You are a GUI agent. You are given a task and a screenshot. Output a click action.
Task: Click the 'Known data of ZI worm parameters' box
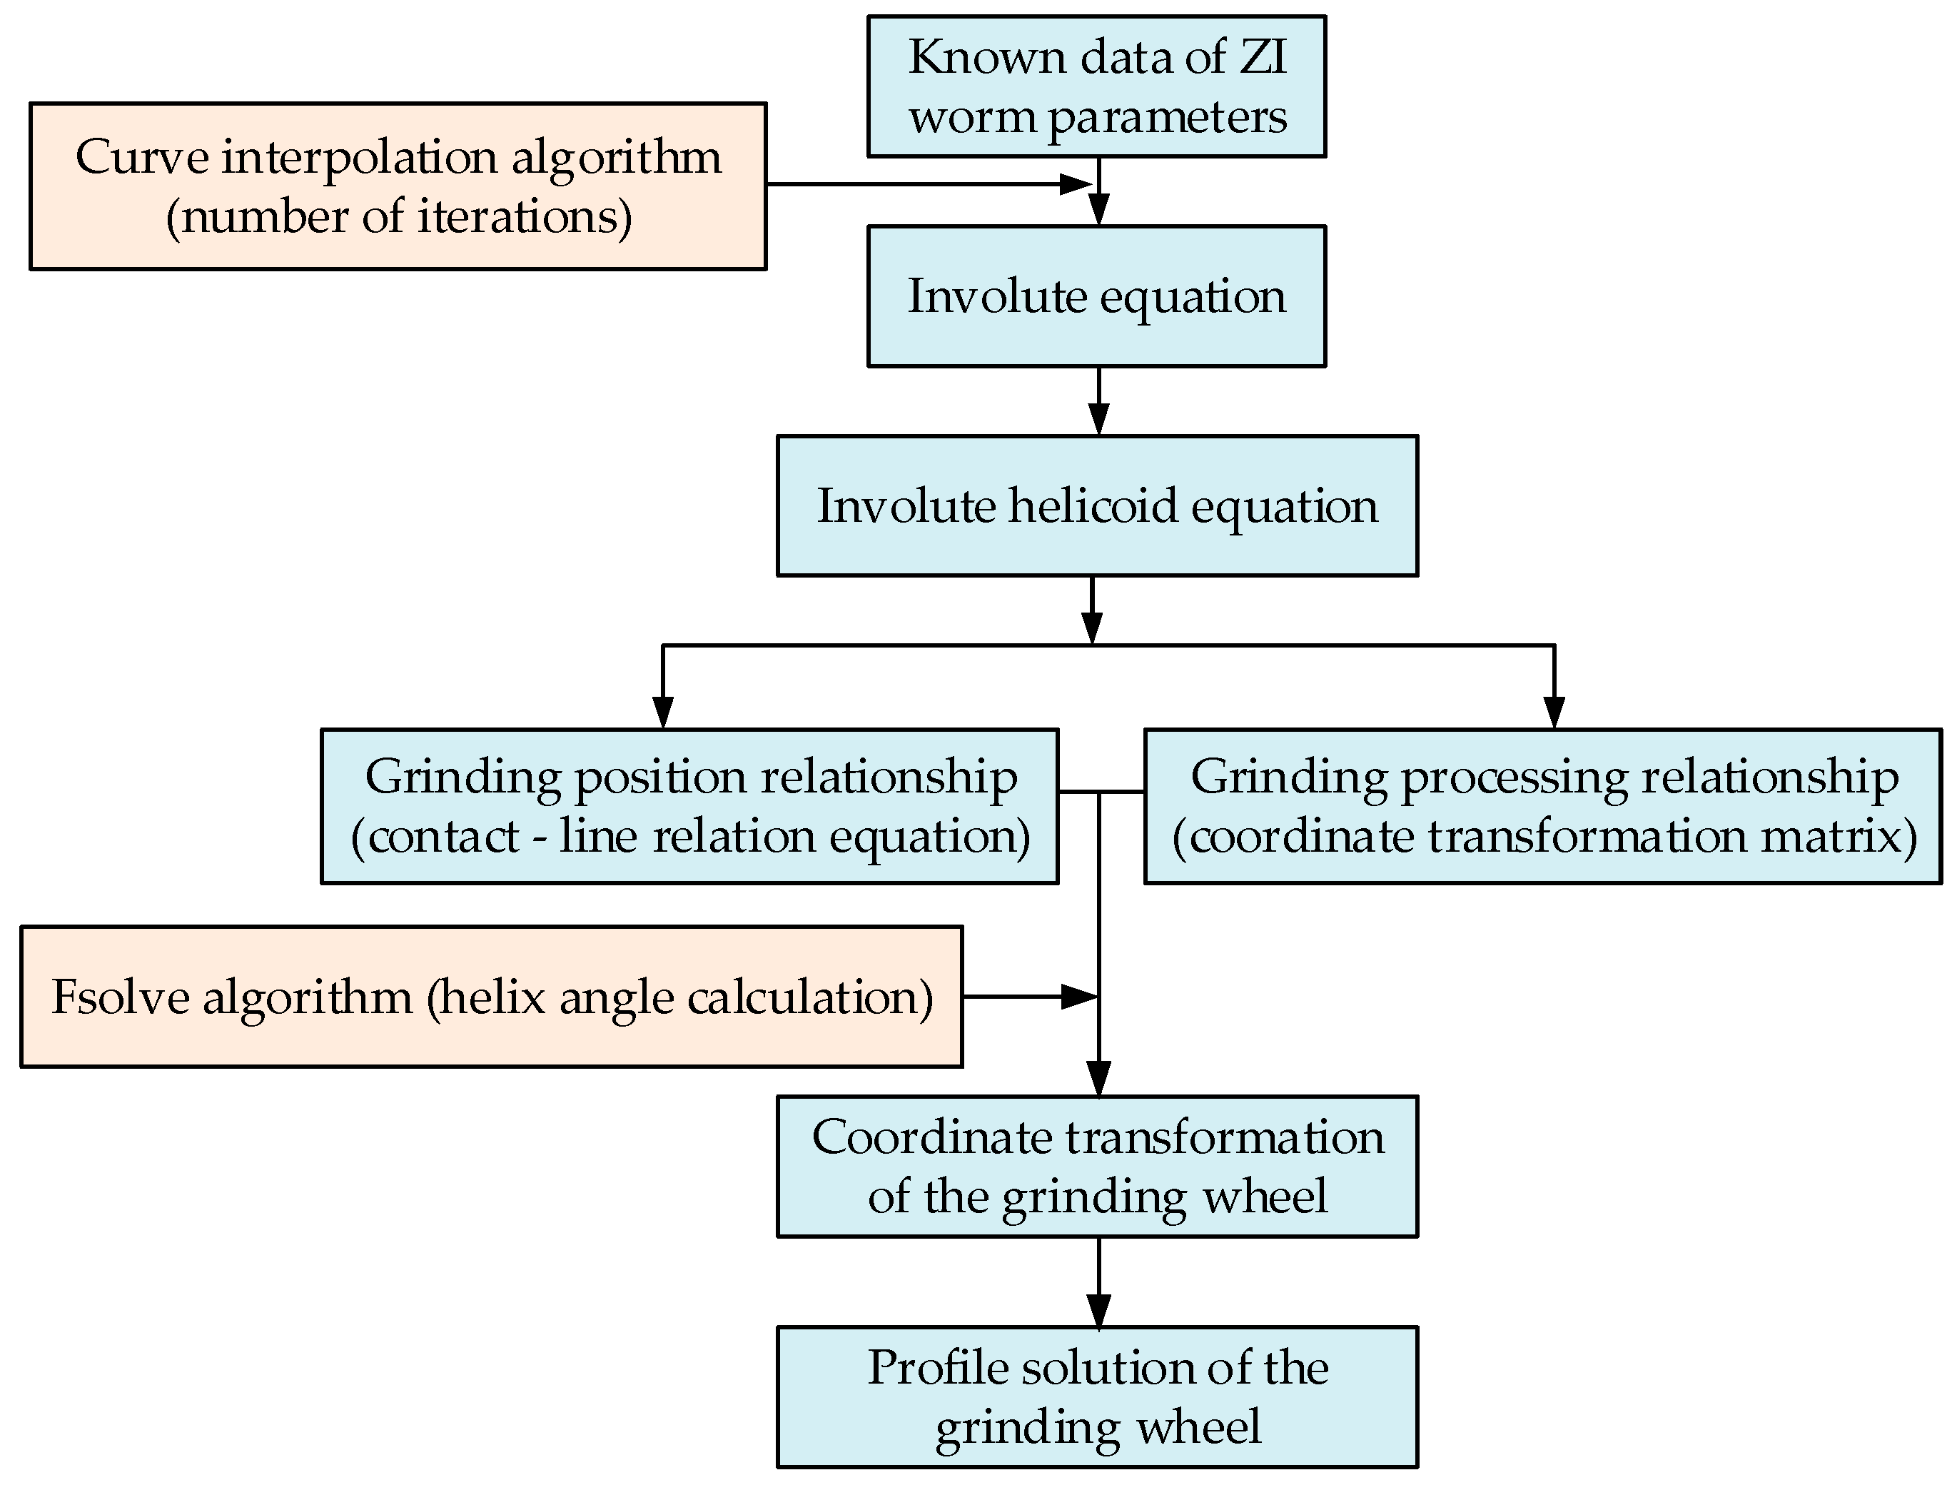coord(1096,86)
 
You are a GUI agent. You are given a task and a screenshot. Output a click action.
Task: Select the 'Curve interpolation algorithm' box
coord(398,186)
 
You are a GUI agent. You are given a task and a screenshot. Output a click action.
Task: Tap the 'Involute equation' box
coord(1096,296)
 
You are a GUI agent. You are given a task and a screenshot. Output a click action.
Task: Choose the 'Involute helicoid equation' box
coord(1097,505)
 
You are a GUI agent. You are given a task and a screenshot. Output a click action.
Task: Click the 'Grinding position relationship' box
coord(689,806)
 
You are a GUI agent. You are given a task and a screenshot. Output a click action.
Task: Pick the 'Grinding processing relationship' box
coord(1543,806)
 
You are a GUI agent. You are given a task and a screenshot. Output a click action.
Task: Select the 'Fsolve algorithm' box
coord(491,997)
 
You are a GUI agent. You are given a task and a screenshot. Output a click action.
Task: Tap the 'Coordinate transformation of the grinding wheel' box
coord(1097,1167)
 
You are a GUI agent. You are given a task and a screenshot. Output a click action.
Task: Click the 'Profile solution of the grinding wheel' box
coord(1097,1396)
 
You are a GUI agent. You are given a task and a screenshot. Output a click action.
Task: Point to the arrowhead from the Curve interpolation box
coord(1076,184)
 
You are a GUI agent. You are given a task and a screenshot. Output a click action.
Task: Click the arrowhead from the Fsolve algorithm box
coord(1078,997)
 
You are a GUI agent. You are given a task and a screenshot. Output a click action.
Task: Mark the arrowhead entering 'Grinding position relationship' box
coord(662,713)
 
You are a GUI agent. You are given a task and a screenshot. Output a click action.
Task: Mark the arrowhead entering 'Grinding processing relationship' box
coord(1554,713)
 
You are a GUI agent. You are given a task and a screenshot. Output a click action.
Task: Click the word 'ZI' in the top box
coord(1263,58)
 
